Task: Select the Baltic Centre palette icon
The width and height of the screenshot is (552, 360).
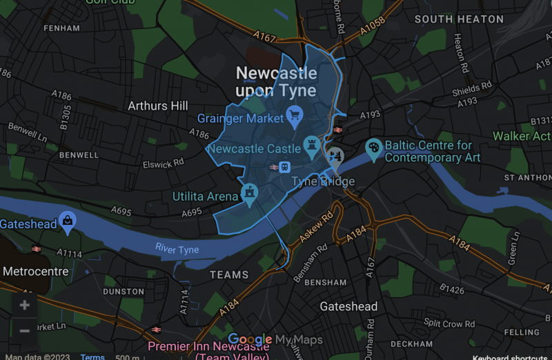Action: tap(373, 148)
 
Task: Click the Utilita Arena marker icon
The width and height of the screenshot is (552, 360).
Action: tap(248, 193)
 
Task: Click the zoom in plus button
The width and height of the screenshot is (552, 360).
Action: tap(25, 305)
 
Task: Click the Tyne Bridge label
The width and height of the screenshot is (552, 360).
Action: tap(323, 182)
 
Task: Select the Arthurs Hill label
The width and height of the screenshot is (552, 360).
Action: tap(157, 106)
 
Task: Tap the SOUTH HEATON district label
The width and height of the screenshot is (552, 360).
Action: tap(459, 19)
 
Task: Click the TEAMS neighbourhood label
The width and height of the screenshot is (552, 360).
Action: tap(228, 274)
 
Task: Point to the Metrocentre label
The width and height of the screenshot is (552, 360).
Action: tap(35, 271)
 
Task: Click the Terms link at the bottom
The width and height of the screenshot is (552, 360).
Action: tap(92, 357)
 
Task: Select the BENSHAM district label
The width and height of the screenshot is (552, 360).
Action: tap(325, 283)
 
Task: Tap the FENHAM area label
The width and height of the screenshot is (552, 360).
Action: tap(61, 28)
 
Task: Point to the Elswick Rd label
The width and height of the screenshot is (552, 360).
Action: tap(163, 163)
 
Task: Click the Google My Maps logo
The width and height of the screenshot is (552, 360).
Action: tap(275, 339)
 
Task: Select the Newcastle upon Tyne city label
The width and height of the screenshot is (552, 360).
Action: tap(276, 82)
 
